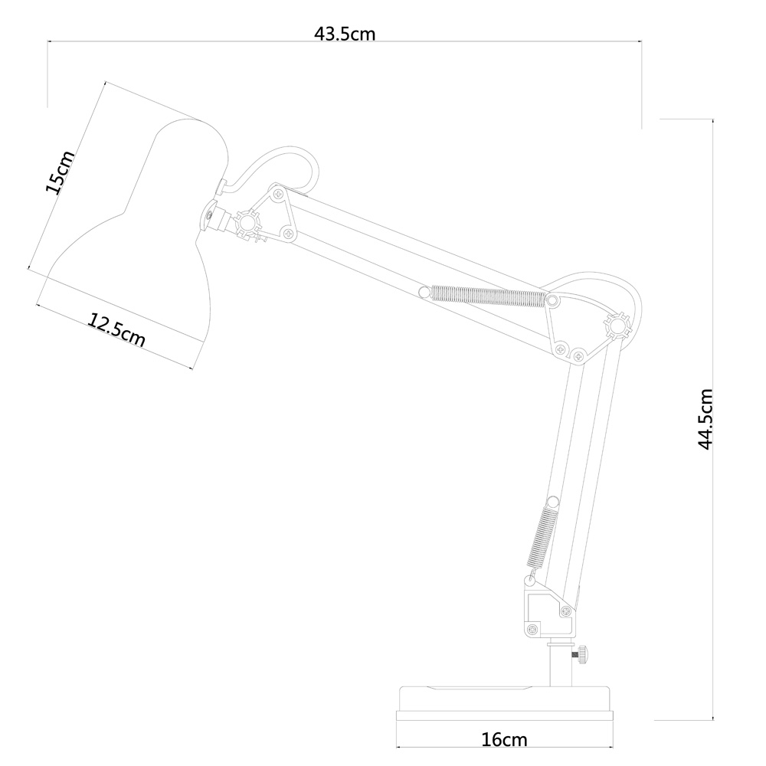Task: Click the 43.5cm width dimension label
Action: click(345, 34)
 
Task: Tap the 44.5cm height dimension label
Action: click(705, 419)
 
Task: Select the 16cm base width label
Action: click(504, 740)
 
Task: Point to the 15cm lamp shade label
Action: click(60, 172)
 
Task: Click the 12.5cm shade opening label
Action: click(116, 329)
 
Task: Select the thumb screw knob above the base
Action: click(582, 655)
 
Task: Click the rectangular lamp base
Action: click(504, 703)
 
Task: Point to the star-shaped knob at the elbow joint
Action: click(617, 326)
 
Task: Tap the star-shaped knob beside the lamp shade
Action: click(247, 223)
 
